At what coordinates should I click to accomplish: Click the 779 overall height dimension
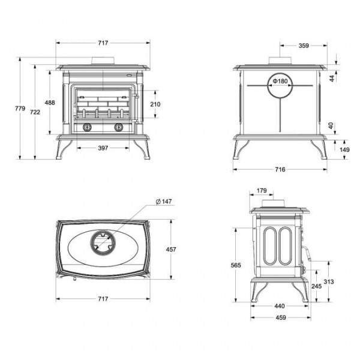coord(20,109)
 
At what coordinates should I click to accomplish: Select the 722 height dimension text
coord(35,112)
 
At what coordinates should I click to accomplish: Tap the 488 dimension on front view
coord(50,103)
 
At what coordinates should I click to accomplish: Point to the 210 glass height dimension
coord(155,104)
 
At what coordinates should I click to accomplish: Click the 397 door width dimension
coord(103,148)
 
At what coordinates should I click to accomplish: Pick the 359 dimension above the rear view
coord(304,46)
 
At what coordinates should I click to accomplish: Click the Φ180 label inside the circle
coord(280,81)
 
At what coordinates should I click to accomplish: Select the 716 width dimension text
coord(280,169)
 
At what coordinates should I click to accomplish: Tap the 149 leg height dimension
coord(344,149)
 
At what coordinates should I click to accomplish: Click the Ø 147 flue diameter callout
coord(164,202)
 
